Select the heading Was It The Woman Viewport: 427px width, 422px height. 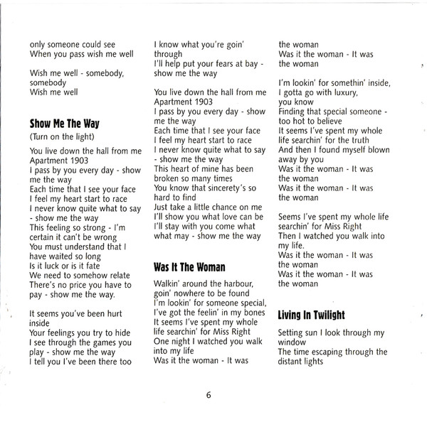click(x=189, y=268)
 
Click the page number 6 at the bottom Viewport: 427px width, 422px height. click(x=209, y=396)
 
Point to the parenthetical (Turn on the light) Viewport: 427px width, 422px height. click(x=63, y=136)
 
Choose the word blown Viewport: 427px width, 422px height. click(x=376, y=151)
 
